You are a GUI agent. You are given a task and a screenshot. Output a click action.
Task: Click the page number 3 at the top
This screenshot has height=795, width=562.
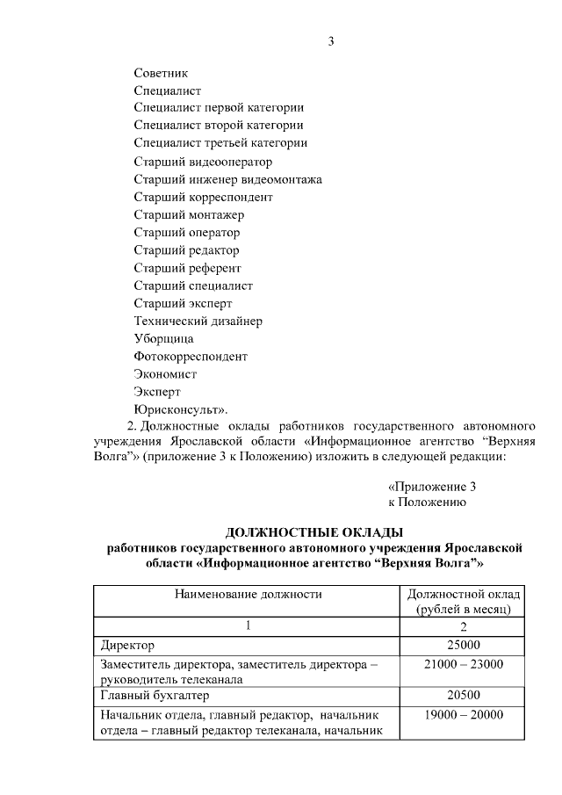(x=331, y=41)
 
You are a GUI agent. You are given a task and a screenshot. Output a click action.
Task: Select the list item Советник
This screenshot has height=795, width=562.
(x=161, y=73)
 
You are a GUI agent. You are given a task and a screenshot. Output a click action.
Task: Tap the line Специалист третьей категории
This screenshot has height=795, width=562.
(x=220, y=143)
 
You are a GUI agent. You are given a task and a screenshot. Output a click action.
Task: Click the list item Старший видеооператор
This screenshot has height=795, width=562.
(x=203, y=162)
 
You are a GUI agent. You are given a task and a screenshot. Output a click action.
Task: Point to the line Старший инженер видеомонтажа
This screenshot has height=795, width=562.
(x=227, y=179)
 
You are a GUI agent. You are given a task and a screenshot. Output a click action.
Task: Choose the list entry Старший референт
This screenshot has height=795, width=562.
(x=187, y=268)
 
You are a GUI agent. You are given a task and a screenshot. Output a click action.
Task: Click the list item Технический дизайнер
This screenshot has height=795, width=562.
(x=198, y=321)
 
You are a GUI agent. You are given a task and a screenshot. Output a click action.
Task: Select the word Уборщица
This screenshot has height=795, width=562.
(x=163, y=338)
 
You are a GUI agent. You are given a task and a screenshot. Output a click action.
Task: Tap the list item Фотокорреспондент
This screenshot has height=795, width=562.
(x=191, y=357)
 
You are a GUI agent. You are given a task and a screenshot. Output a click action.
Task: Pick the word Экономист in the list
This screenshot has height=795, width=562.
(x=165, y=374)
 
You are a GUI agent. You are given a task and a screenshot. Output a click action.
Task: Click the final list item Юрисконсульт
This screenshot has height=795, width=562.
(x=180, y=409)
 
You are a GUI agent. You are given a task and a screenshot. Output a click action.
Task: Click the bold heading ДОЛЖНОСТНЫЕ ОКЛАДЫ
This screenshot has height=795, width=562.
(x=314, y=531)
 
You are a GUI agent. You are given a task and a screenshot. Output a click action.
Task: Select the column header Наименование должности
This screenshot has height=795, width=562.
(x=249, y=594)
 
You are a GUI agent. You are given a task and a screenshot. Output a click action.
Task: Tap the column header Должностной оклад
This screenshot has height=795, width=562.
(x=464, y=594)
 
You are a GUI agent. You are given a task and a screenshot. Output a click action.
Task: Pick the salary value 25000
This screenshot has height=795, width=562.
(x=463, y=646)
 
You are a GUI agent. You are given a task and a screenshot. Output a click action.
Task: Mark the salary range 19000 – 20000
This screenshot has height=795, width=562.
(x=463, y=714)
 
